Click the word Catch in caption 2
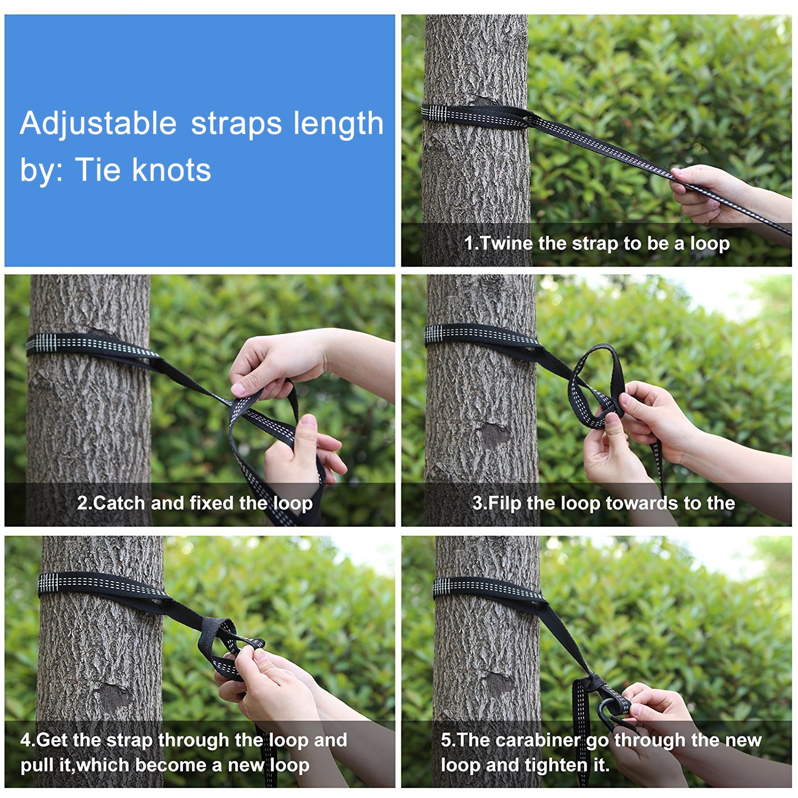click(119, 503)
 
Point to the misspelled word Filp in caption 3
click(505, 503)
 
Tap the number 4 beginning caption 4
click(26, 740)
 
